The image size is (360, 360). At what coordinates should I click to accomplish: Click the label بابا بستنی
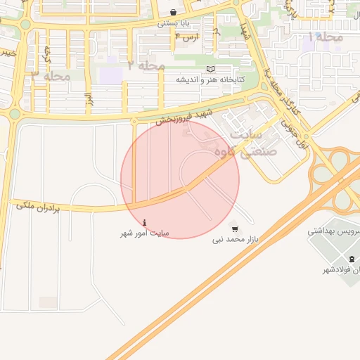click(172, 22)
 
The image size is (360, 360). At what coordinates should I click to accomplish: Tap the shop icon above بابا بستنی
click(173, 12)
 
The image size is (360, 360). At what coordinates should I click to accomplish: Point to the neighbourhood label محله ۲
click(146, 65)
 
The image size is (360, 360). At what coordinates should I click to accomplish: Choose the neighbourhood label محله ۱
click(326, 37)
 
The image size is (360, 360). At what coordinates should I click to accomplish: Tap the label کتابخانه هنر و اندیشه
click(210, 79)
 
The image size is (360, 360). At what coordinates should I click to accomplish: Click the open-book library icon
click(210, 69)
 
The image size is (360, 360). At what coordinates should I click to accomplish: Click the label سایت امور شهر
click(145, 232)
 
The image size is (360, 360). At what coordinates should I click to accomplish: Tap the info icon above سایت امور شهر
click(145, 221)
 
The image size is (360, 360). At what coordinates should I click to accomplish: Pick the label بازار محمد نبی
click(236, 240)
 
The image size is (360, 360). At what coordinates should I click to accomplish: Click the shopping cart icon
click(234, 229)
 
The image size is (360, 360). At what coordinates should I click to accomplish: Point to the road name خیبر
click(6, 52)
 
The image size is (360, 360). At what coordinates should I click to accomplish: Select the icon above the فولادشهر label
click(352, 259)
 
